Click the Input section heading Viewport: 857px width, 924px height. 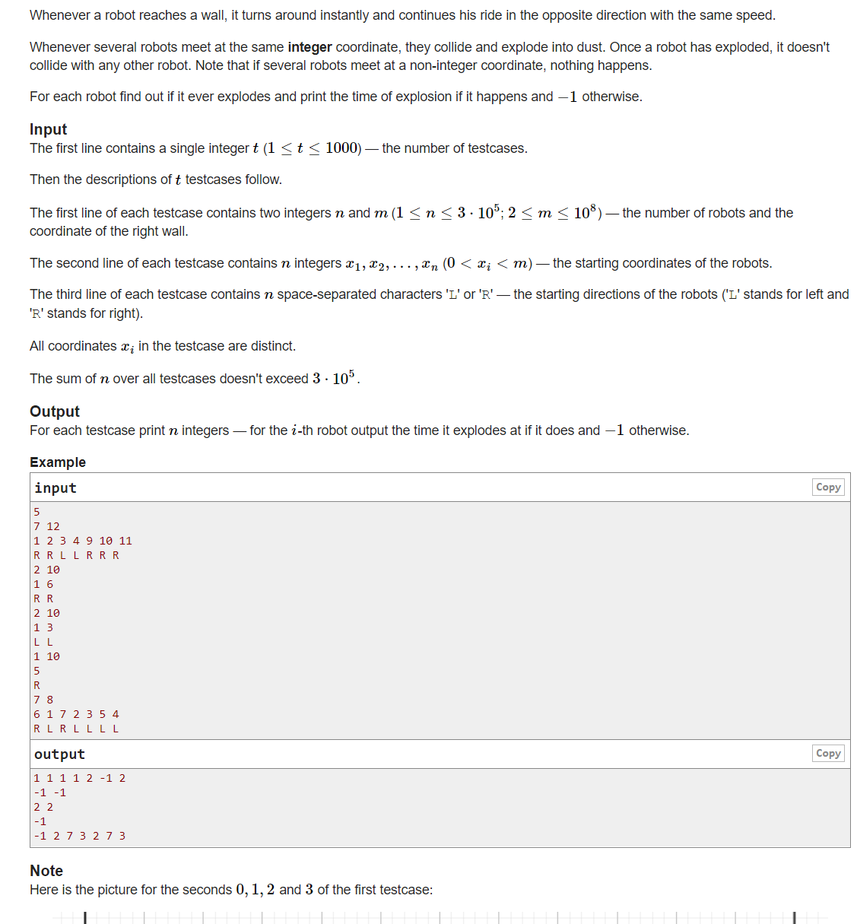[x=48, y=129]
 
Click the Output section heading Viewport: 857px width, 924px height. [x=54, y=411]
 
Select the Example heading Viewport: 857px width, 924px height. [x=58, y=462]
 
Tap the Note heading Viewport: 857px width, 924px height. [x=46, y=871]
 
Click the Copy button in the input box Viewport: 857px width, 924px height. [x=827, y=487]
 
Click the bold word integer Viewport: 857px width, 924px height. [x=309, y=47]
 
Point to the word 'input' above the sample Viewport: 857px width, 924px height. [x=56, y=488]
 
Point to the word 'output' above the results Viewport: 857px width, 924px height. [x=59, y=754]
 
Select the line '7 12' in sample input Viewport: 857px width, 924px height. [x=46, y=526]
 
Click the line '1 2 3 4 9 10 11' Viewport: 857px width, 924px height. [x=82, y=541]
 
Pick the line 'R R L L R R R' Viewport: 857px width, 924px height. [x=76, y=555]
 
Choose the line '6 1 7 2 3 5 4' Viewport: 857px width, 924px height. [x=76, y=714]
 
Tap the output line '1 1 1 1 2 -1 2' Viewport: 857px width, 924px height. [x=79, y=778]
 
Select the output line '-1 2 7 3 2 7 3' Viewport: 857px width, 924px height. [x=79, y=836]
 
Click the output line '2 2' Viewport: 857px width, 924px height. [x=43, y=807]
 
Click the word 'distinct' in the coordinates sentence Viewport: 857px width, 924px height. [x=272, y=346]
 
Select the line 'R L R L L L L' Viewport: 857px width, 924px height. [x=76, y=729]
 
